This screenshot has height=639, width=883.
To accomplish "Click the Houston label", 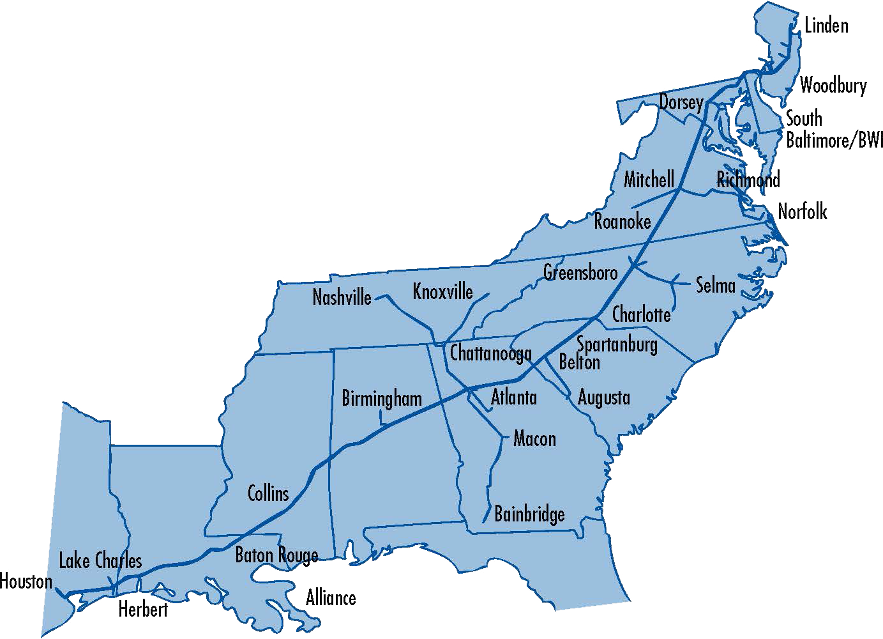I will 26,581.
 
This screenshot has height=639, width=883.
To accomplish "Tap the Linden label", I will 826,26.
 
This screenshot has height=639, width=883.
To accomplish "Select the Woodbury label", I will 833,85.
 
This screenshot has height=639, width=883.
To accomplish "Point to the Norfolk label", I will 803,212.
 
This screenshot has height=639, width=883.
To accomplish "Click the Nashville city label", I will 342,297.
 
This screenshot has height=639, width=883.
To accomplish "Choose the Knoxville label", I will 443,291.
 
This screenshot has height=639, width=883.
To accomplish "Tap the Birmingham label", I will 382,399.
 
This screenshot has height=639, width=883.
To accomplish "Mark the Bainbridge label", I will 529,514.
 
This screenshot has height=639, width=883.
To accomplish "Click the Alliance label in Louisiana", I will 331,598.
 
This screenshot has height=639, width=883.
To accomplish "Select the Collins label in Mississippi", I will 268,493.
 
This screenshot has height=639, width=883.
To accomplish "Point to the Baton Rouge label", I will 276,555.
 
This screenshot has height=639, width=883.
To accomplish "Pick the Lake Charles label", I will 100,561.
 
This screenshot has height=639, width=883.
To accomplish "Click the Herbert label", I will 143,610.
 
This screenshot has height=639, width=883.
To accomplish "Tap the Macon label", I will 534,439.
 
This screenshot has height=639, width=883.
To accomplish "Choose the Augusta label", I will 604,397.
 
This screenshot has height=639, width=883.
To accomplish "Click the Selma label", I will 715,285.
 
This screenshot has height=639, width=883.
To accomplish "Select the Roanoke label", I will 623,222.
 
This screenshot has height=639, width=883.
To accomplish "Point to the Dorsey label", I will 681,102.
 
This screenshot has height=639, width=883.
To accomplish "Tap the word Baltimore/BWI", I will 834,141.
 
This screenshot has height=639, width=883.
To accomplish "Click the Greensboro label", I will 580,273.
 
